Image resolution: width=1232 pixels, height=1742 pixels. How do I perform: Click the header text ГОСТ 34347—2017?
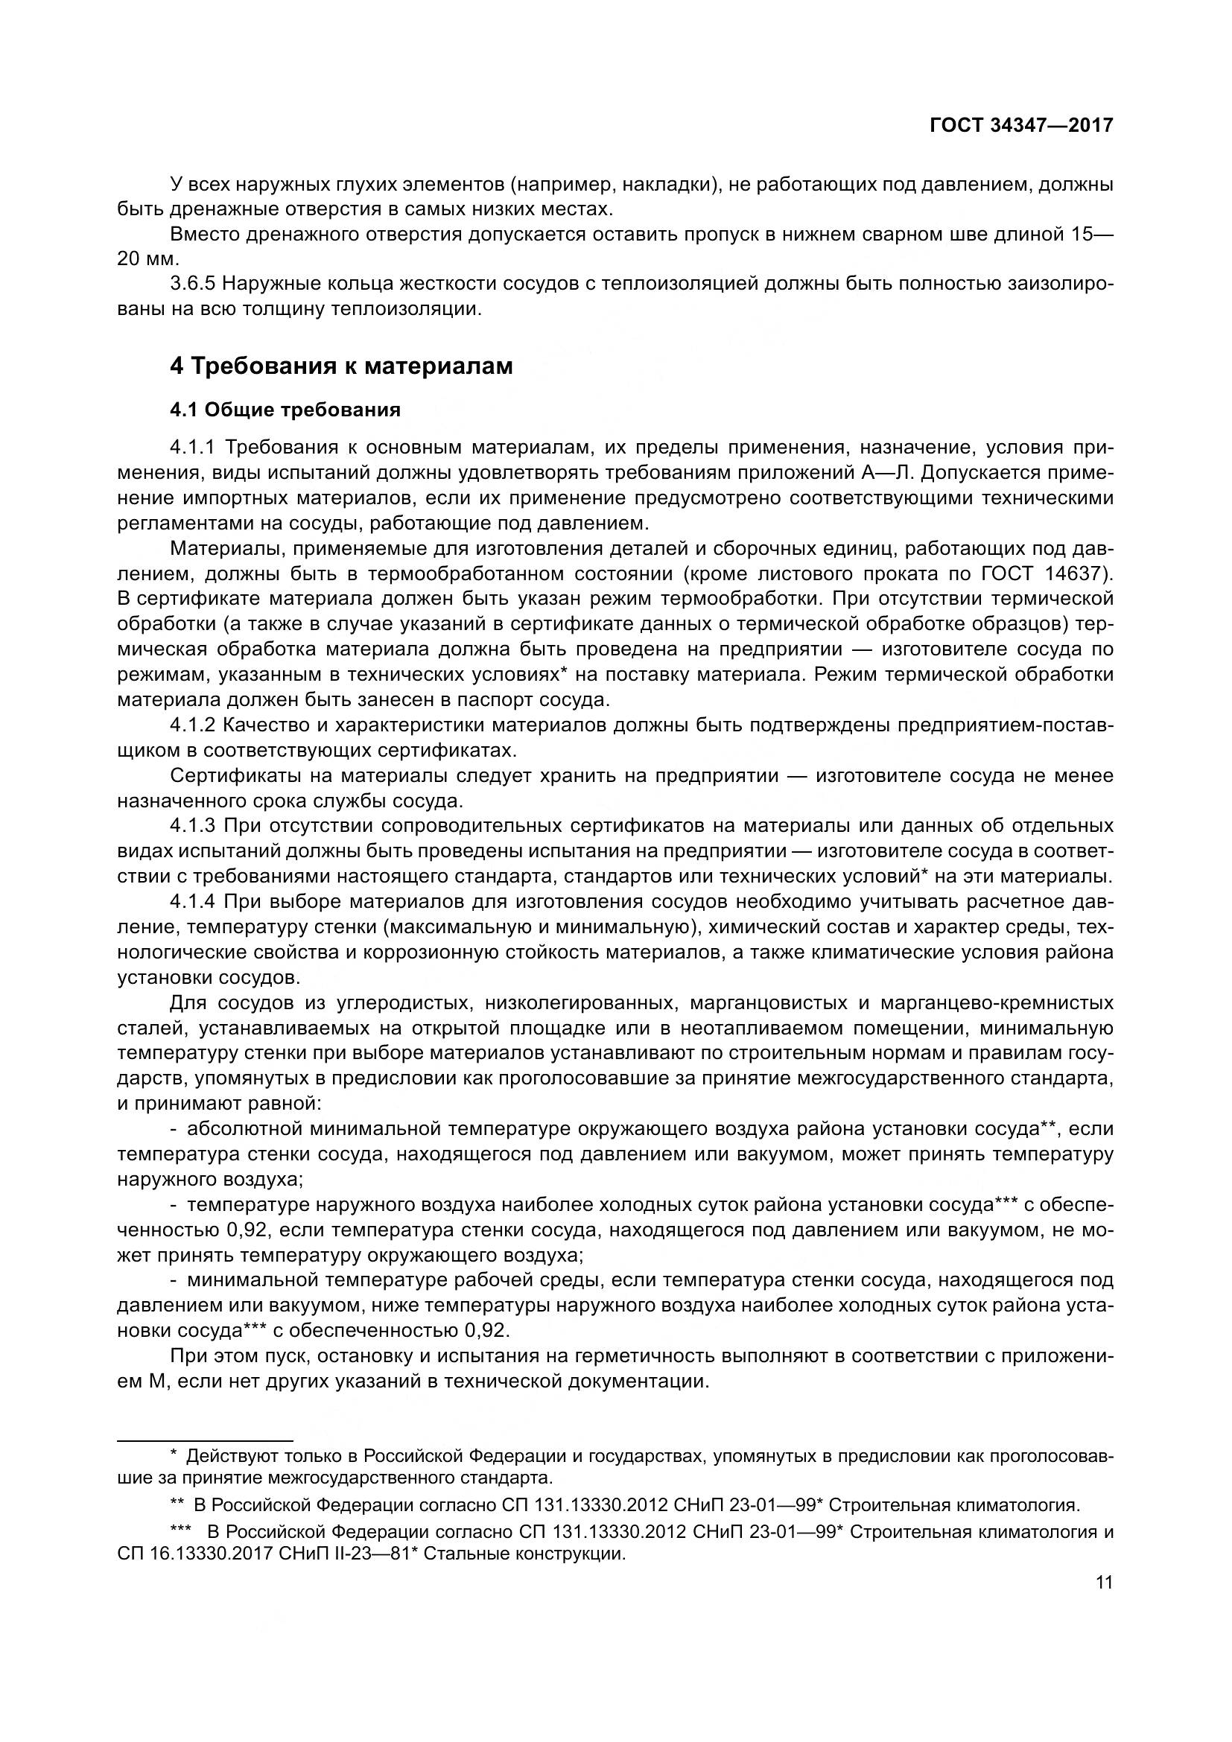pyautogui.click(x=1021, y=124)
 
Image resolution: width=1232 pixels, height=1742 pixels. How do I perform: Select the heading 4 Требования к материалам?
pyautogui.click(x=341, y=366)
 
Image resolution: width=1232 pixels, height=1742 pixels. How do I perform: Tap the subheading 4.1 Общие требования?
pyautogui.click(x=285, y=410)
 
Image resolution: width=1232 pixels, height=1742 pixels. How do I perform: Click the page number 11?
pyautogui.click(x=1104, y=1582)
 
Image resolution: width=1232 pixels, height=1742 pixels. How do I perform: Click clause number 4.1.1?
pyautogui.click(x=194, y=448)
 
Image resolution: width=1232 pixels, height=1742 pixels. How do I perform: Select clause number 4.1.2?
pyautogui.click(x=194, y=725)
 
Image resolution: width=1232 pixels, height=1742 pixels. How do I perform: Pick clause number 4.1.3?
pyautogui.click(x=194, y=825)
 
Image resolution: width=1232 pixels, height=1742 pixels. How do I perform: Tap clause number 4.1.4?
pyautogui.click(x=194, y=901)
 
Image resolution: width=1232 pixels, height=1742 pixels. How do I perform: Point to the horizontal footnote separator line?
pyautogui.click(x=205, y=1440)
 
